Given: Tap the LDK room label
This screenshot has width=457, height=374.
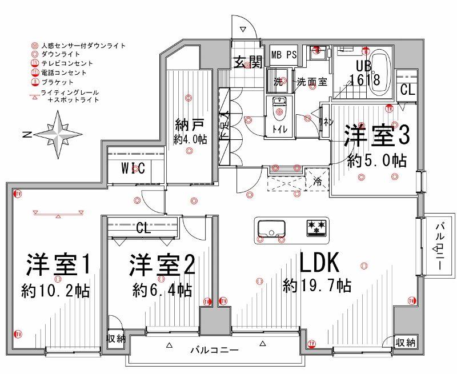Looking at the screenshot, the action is pos(320,264).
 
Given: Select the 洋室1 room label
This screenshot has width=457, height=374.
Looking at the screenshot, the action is pos(58,266).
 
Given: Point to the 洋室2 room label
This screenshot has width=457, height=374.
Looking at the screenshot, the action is pos(162,266).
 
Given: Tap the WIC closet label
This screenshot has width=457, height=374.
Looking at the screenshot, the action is pos(133,168).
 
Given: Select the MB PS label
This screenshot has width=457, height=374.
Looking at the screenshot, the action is pos(283,55).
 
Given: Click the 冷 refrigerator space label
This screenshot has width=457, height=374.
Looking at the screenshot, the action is pos(317,183).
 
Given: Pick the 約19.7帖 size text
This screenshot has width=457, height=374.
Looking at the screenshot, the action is pos(316,284).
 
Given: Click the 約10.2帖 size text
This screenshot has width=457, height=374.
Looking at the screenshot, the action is pos(55,290).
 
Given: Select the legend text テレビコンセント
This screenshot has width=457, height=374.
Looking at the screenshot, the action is pos(66,63).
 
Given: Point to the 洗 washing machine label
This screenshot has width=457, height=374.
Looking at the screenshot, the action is pos(278,81).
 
